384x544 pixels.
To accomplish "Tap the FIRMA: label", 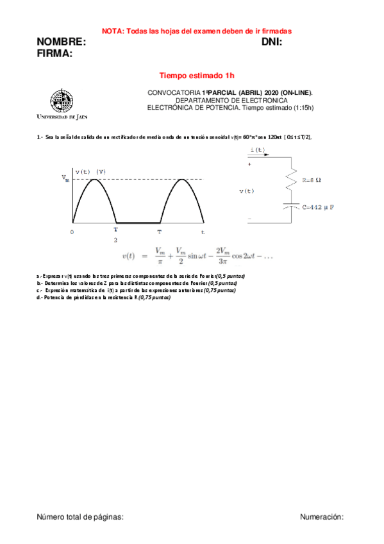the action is (x=54, y=53).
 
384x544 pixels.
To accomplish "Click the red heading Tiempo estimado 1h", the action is (x=192, y=76).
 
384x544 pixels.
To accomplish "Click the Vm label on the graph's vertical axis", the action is (x=65, y=178).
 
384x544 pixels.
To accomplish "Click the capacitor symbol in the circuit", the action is (x=292, y=207).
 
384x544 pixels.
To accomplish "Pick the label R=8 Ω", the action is (x=311, y=180).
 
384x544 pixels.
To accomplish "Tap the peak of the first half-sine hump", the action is (x=94, y=179).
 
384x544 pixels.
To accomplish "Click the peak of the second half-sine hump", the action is (x=181, y=179).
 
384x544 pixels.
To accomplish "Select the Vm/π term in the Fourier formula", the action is (x=160, y=255).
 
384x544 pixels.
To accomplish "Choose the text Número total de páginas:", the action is (x=79, y=516).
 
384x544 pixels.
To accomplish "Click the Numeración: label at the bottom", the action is (x=322, y=516).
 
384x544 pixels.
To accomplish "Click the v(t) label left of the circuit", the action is (x=246, y=191).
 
